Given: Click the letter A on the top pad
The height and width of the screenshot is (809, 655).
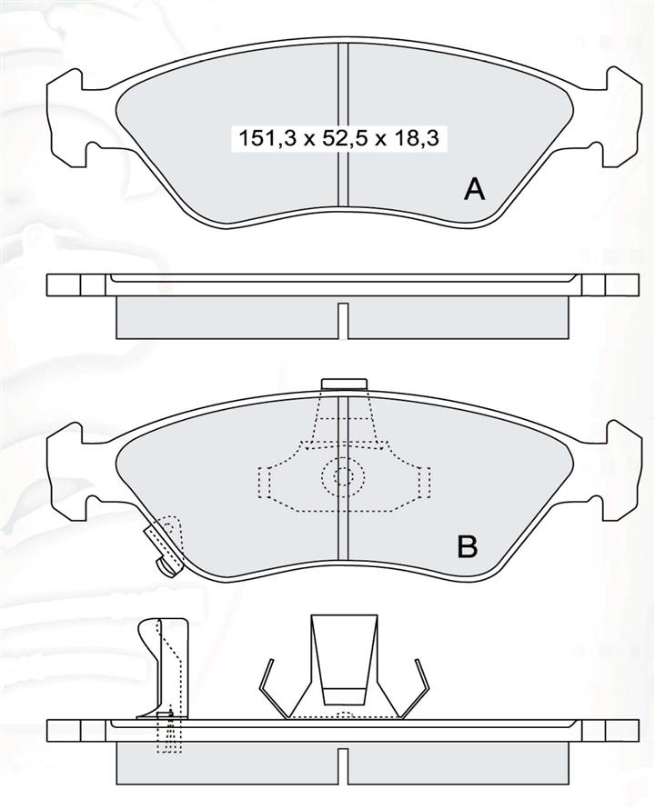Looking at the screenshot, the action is click(474, 189).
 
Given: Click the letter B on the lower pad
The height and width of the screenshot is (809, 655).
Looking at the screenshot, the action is click(468, 546).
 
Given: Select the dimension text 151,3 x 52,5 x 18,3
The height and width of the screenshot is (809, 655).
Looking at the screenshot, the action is click(338, 139).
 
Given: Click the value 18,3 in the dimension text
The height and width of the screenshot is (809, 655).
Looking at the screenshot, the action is click(418, 139).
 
